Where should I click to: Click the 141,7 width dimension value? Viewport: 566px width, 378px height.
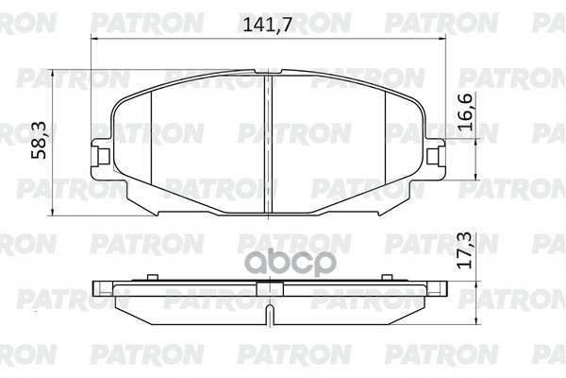(x=267, y=25)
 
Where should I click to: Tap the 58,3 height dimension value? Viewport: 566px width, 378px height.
(x=39, y=140)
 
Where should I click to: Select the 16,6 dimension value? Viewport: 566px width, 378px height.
(x=465, y=112)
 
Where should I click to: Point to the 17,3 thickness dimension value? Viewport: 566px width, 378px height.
(x=465, y=250)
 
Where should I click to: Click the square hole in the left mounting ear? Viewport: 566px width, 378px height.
(x=104, y=157)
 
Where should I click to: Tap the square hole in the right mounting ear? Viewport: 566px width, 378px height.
(x=432, y=157)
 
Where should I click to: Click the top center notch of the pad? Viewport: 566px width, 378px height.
(x=268, y=71)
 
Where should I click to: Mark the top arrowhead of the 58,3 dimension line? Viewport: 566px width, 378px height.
(x=53, y=73)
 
